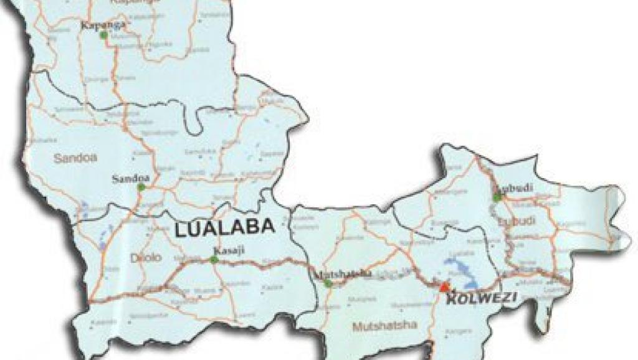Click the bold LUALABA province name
coord(225,228)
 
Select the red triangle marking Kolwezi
coord(444,287)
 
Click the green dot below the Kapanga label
coord(104,36)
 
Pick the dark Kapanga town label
coord(103,25)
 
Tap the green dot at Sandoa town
coord(141,187)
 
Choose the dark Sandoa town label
coord(128,179)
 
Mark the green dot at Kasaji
coord(214,259)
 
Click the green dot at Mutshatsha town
coord(328,283)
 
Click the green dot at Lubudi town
coord(497,197)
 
